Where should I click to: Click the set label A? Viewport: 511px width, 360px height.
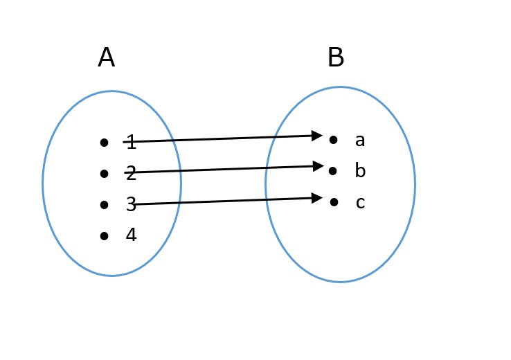coord(106,58)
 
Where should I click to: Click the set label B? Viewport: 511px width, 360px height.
coord(336,58)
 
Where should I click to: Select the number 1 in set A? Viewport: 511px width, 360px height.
coord(131,143)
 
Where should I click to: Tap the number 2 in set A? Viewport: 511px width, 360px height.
coord(131,174)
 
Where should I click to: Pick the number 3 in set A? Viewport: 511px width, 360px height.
coord(131,204)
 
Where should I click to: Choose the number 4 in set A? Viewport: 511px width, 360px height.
coord(131,235)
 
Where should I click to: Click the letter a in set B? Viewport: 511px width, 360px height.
coord(360,141)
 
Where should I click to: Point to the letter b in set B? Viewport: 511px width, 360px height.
coord(360,171)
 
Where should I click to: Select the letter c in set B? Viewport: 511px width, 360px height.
coord(360,203)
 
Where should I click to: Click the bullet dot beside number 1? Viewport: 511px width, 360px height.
coord(104,143)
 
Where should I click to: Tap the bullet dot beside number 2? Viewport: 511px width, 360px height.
coord(104,173)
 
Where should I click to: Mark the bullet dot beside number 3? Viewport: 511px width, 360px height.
coord(104,205)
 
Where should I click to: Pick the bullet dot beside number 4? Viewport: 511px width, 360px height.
coord(104,236)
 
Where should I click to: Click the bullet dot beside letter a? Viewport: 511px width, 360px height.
coord(334,140)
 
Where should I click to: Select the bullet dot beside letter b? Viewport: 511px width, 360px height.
coord(334,170)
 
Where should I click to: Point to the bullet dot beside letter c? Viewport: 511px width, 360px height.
coord(334,202)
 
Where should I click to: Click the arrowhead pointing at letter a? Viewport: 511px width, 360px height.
coord(317,135)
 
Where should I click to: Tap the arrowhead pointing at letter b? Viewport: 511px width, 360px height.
coord(319,166)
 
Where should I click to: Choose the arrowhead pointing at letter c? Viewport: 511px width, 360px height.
coord(317,198)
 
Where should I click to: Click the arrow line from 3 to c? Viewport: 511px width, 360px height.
coord(222,201)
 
